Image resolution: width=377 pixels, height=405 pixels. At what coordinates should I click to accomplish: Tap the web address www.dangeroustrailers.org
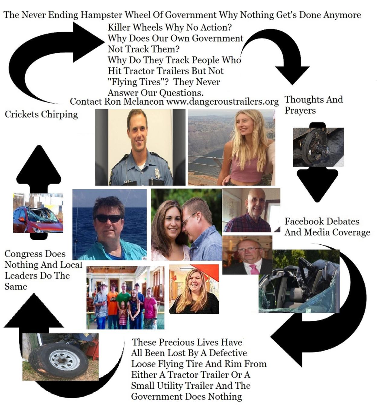222,101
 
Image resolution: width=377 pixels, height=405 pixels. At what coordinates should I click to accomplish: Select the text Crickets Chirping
41,114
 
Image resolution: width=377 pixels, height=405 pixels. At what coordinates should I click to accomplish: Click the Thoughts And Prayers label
314,105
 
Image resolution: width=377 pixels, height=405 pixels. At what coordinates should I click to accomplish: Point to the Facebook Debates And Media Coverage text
327,227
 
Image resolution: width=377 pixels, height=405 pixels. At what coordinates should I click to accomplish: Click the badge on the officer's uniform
157,174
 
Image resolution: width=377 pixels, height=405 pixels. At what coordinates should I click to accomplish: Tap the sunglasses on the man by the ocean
109,218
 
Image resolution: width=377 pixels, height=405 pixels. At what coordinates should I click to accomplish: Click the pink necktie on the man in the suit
254,269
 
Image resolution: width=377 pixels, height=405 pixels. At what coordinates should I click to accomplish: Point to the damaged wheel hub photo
318,147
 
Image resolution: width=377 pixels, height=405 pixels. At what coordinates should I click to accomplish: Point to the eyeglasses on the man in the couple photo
189,217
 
